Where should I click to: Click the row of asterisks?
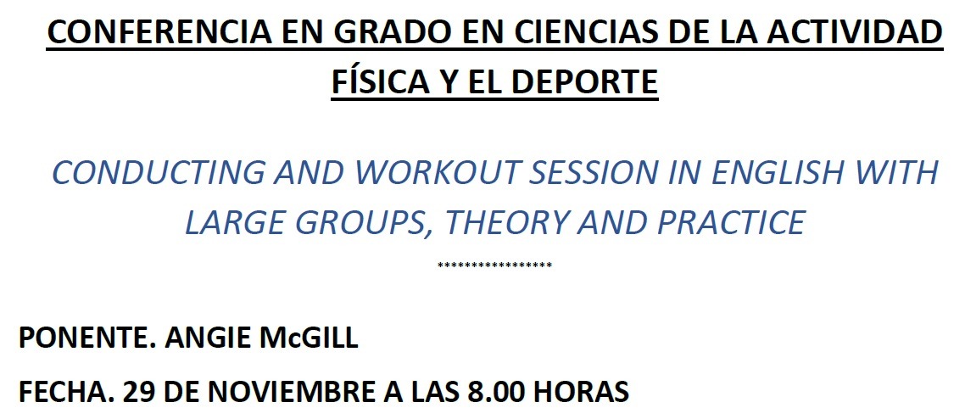pos(495,265)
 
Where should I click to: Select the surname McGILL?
pos(310,338)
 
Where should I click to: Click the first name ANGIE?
pos(209,338)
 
